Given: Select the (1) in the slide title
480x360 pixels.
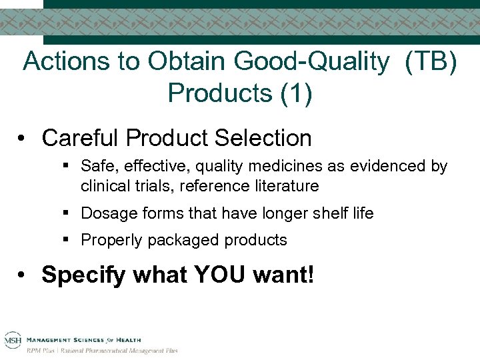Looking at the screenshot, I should (x=295, y=92).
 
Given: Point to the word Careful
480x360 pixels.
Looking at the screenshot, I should (x=79, y=138).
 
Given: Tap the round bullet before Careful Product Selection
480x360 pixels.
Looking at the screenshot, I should (x=23, y=139).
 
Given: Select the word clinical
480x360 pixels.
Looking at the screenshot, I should (x=102, y=185).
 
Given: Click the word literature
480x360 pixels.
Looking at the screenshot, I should (x=287, y=185).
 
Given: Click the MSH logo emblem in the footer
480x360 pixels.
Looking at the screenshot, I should (x=13, y=341).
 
